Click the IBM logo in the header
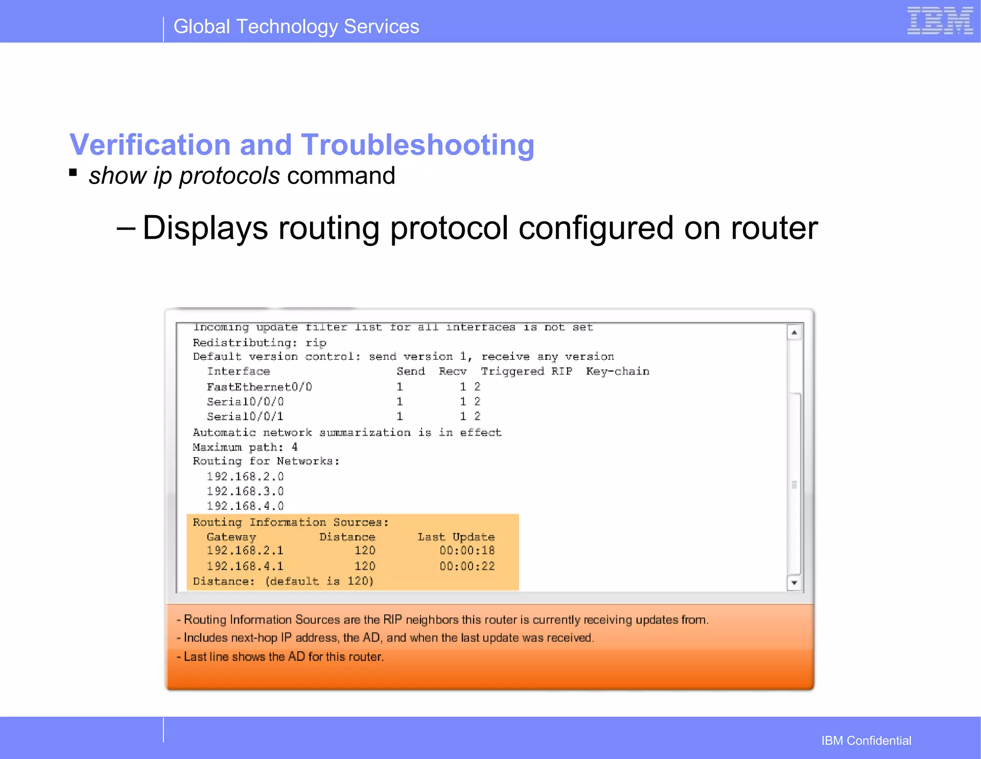940,21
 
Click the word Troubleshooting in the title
417,145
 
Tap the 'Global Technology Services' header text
296,27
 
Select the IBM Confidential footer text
866,741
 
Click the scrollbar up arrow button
794,332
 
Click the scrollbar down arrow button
794,583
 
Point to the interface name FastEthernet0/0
259,387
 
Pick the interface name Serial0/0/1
245,416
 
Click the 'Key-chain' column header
617,371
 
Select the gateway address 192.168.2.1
245,551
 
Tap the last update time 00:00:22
467,566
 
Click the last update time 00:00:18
467,551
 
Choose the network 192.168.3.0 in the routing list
245,491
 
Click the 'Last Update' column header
456,537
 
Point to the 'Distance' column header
347,537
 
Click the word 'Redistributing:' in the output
245,343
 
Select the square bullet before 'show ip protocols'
73,172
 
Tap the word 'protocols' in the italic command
229,176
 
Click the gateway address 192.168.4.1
245,566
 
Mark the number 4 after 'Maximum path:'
295,447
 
